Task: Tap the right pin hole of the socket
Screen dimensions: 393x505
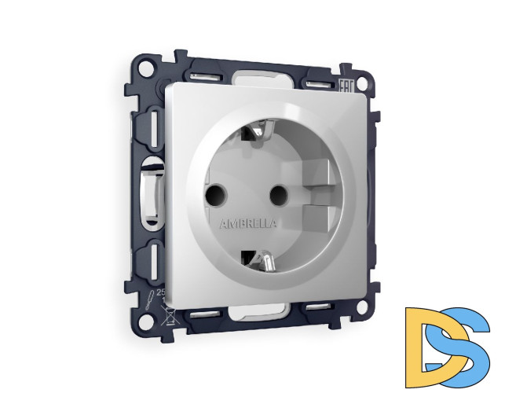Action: (x=276, y=192)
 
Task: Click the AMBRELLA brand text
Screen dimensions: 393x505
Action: (x=249, y=223)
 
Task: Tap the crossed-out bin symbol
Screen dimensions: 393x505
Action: (x=167, y=318)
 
